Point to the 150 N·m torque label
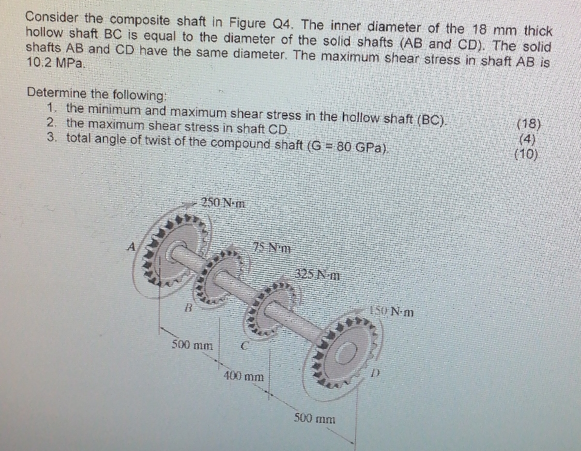(392, 311)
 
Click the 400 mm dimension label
(243, 377)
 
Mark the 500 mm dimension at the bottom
(314, 418)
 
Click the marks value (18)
(529, 124)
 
